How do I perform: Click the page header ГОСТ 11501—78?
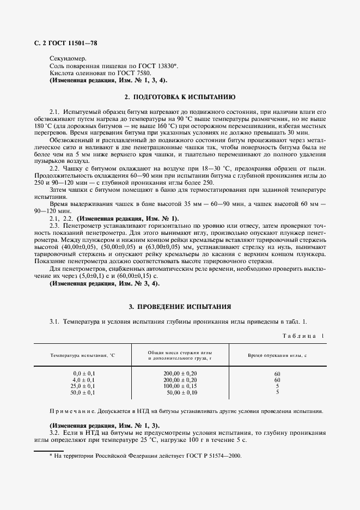click(70, 43)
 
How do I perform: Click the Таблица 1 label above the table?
click(302, 336)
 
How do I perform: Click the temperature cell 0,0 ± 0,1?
click(84, 373)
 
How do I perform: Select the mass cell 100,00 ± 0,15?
click(180, 386)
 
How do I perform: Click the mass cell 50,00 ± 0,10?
click(181, 392)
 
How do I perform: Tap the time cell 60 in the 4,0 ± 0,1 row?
click(277, 379)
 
